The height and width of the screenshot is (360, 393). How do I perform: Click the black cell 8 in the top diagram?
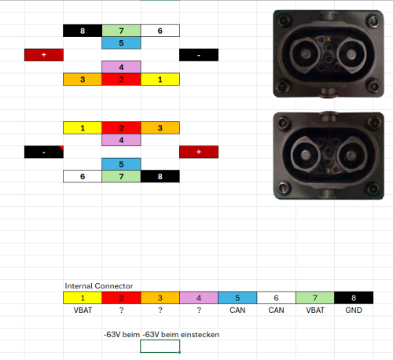[x=83, y=31]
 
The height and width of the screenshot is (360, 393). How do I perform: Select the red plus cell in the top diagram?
[x=44, y=55]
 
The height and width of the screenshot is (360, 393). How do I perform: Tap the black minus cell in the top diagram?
[x=199, y=55]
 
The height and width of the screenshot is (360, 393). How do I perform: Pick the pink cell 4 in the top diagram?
[x=121, y=67]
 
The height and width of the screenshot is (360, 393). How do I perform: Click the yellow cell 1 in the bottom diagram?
[x=83, y=127]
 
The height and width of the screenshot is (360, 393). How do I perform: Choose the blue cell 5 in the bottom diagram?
[x=121, y=164]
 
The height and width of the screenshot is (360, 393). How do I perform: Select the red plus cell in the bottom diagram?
[x=199, y=152]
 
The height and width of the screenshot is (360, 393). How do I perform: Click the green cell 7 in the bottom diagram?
[x=121, y=176]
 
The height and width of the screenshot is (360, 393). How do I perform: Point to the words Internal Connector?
[x=99, y=286]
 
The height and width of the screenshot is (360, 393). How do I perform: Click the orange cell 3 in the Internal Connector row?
[x=160, y=298]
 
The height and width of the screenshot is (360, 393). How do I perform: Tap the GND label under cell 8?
[x=354, y=310]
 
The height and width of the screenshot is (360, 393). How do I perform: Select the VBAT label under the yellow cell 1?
[x=83, y=310]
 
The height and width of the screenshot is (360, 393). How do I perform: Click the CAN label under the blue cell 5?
[x=237, y=310]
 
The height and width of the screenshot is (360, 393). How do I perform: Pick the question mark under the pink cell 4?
[x=199, y=310]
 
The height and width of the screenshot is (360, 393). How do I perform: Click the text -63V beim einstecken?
[x=181, y=335]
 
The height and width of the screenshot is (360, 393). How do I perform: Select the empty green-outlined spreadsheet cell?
[x=160, y=347]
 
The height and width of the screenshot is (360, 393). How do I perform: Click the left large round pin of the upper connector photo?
[x=305, y=54]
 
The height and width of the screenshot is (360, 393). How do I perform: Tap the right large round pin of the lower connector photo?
[x=351, y=156]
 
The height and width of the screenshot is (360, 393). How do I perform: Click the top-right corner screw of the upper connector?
[x=373, y=20]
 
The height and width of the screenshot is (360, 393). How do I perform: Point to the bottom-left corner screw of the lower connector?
[x=283, y=188]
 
